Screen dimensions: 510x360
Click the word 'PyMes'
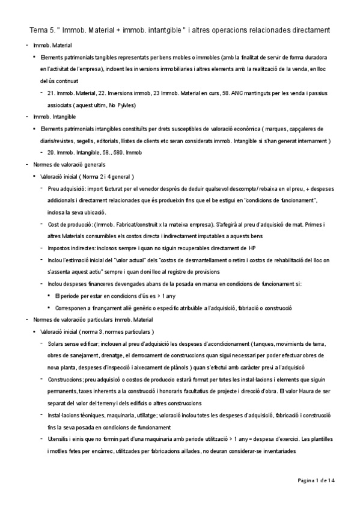126,105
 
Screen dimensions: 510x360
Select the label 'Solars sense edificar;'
76,343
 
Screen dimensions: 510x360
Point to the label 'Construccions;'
67,380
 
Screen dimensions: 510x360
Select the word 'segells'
91,140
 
